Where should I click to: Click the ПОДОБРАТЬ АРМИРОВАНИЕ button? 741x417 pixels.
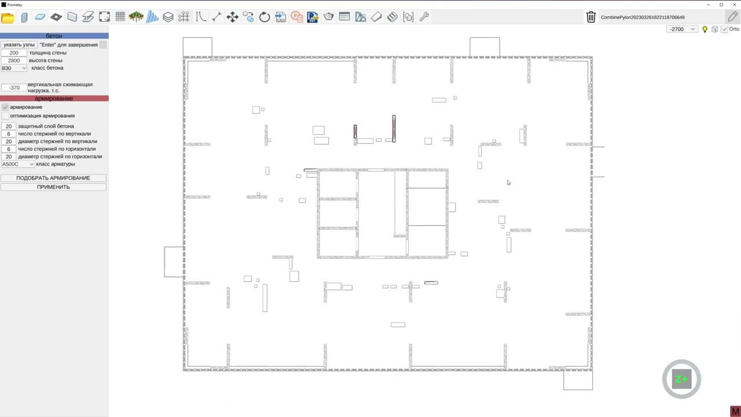point(53,178)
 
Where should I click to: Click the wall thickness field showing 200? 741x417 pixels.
point(14,53)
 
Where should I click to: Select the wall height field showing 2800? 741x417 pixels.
point(14,61)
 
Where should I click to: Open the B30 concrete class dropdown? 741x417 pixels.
point(14,68)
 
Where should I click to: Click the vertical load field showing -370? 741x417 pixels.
point(14,87)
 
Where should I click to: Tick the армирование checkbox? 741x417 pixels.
point(5,107)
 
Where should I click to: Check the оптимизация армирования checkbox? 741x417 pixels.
point(5,116)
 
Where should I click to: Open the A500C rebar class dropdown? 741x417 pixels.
point(18,164)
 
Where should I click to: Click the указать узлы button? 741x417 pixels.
point(19,45)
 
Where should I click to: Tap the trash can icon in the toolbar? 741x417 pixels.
point(591,17)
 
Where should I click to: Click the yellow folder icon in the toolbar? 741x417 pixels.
point(8,17)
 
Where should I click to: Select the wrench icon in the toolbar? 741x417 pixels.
point(424,17)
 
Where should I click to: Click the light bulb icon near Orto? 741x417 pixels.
point(705,30)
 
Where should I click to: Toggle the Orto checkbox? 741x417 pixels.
point(724,30)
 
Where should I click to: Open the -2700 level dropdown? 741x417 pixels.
point(682,30)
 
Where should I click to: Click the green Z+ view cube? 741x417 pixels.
point(682,379)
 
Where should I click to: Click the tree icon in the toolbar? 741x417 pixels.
point(136,17)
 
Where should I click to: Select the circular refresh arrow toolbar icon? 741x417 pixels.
point(265,17)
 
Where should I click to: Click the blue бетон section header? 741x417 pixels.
point(54,36)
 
